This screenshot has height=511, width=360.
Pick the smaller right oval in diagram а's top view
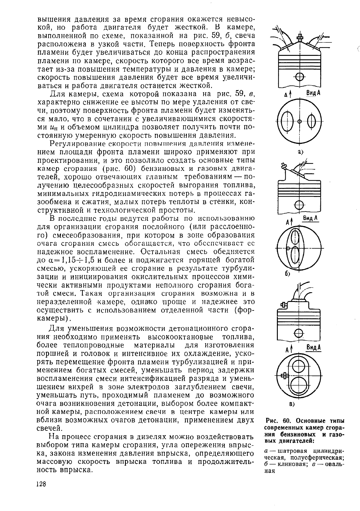[311, 121]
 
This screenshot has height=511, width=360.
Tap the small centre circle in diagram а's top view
[300, 121]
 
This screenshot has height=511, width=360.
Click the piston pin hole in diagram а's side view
[299, 76]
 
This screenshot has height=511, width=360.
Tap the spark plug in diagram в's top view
[284, 376]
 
